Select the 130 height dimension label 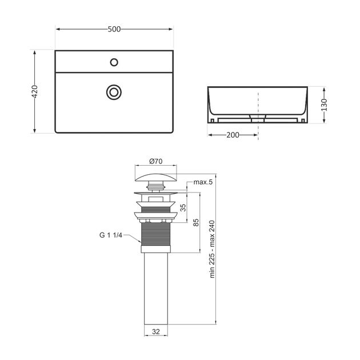(x=323, y=105)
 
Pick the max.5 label (x=203, y=182)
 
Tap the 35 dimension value (x=183, y=209)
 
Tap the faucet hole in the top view (x=114, y=62)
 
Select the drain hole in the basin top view (x=114, y=91)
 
